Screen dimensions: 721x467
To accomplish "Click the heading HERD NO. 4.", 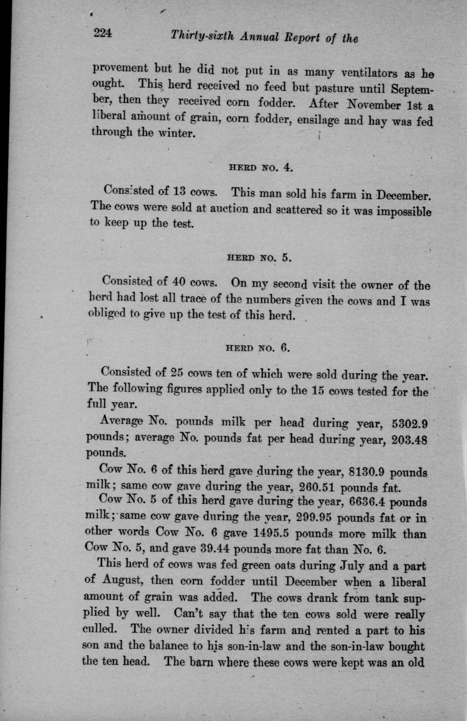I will pos(261,168).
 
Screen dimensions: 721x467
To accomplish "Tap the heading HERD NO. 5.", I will pos(259,258).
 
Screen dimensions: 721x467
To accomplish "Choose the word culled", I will pos(102,629).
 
